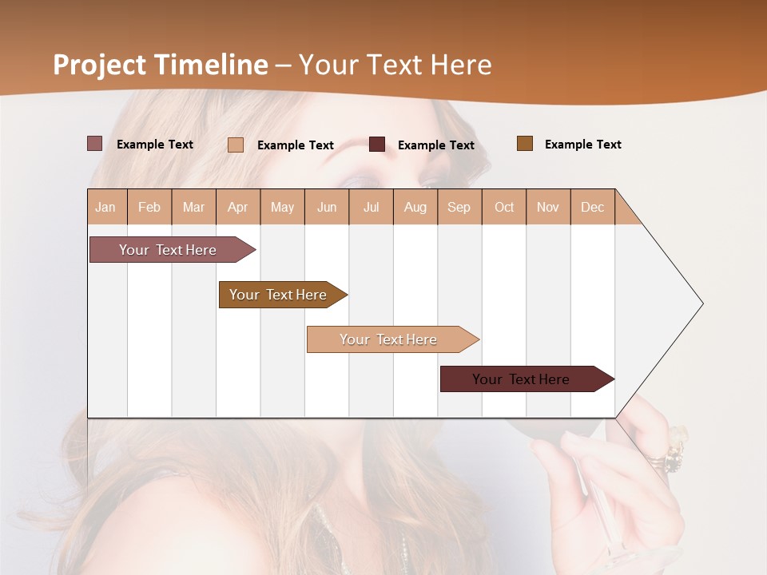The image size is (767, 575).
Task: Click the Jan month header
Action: pyautogui.click(x=105, y=207)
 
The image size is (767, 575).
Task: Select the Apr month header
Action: pyautogui.click(x=238, y=207)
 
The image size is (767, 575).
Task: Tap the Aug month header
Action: pyautogui.click(x=415, y=207)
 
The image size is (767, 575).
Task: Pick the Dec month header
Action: pyautogui.click(x=592, y=207)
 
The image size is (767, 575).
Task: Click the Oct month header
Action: pyautogui.click(x=504, y=207)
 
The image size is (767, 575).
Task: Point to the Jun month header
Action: pyautogui.click(x=327, y=207)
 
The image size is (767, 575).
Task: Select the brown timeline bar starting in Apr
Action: pyautogui.click(x=280, y=295)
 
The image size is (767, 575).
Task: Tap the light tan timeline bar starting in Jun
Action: pyautogui.click(x=390, y=339)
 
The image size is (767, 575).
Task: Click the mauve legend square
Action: pyautogui.click(x=94, y=144)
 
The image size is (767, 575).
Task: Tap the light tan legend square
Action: pyautogui.click(x=236, y=145)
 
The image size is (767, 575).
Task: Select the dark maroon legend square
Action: pyautogui.click(x=377, y=145)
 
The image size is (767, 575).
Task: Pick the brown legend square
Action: pyautogui.click(x=524, y=144)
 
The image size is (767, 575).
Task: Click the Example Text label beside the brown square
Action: pyautogui.click(x=582, y=145)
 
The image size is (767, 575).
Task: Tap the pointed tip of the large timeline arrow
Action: pyautogui.click(x=701, y=303)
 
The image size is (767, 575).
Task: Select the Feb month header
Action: pyautogui.click(x=149, y=207)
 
